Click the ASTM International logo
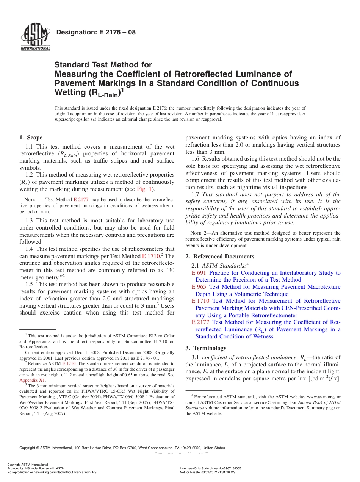35,37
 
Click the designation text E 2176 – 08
95,32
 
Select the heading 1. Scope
31,138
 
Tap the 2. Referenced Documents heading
220,257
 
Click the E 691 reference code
199,273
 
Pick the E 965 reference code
199,287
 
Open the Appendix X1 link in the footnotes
32,380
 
